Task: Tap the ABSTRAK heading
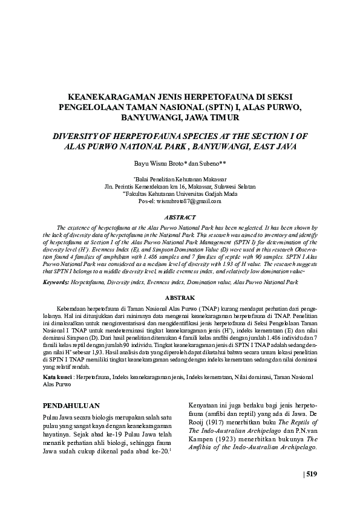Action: point(180,298)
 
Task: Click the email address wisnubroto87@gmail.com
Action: point(188,201)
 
